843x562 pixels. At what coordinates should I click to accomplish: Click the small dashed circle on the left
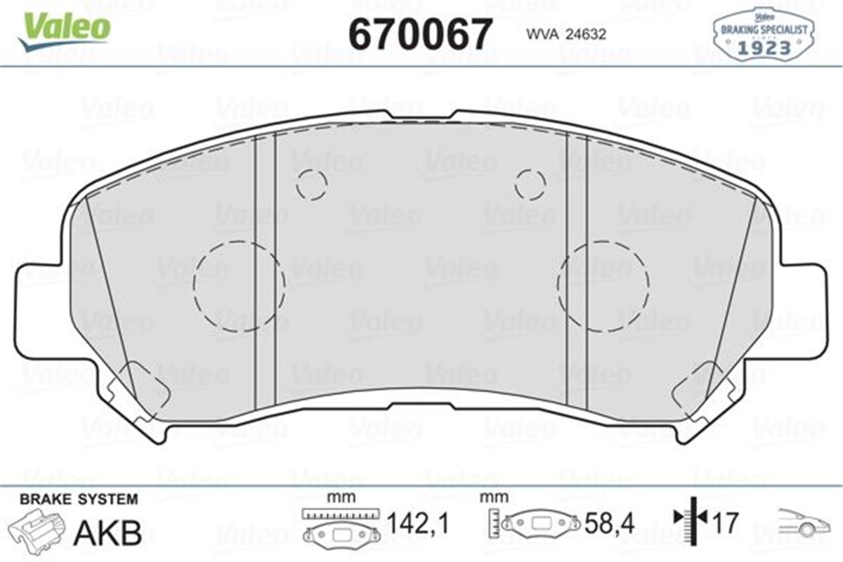click(311, 185)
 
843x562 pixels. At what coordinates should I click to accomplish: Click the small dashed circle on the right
click(530, 185)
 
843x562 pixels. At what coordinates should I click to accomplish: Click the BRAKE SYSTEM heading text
click(79, 499)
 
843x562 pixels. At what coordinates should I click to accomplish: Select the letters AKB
click(108, 533)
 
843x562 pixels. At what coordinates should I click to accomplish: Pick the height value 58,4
click(609, 523)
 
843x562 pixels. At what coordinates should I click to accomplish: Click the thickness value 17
click(726, 523)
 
